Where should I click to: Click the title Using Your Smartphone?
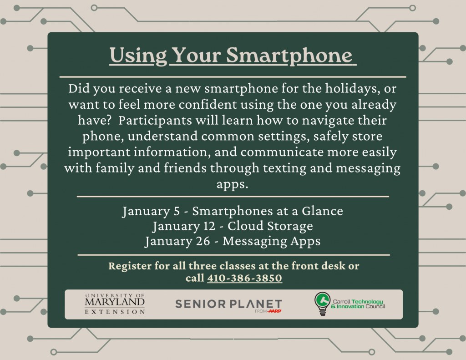[232, 56]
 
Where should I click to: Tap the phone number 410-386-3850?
[244, 278]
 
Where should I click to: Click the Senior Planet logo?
[228, 304]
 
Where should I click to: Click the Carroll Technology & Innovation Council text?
[359, 304]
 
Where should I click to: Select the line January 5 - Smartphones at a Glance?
[233, 212]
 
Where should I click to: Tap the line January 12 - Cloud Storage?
[233, 226]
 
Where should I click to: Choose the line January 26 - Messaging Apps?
[233, 241]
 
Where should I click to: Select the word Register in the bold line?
[128, 266]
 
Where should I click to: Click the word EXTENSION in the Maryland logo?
[115, 312]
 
